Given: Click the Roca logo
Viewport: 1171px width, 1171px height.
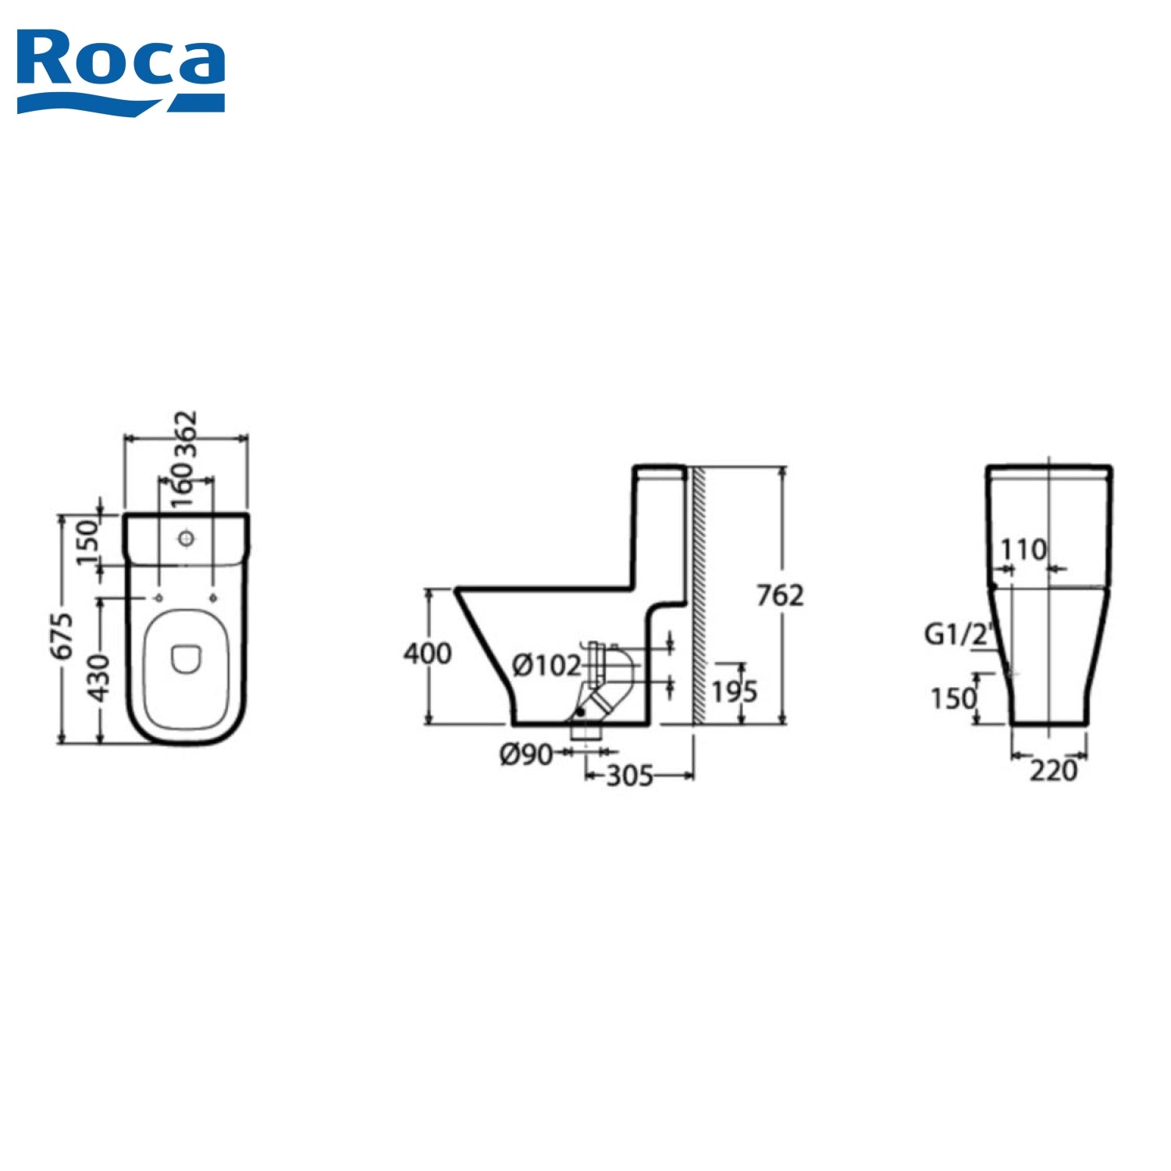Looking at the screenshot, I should click(121, 70).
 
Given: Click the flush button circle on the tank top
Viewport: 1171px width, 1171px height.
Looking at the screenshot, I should click(186, 538).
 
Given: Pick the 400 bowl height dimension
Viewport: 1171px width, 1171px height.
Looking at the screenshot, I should click(427, 653).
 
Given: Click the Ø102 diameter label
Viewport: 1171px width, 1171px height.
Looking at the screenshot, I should click(546, 666).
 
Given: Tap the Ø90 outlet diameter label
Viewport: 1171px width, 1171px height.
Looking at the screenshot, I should click(526, 754).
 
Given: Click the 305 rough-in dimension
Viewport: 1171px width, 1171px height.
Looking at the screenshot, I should click(629, 776).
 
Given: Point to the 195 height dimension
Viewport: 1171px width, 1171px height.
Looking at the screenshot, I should click(734, 691).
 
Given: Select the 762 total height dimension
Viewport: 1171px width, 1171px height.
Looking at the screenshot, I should click(779, 596).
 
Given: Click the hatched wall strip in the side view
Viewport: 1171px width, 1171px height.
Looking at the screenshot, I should click(699, 593).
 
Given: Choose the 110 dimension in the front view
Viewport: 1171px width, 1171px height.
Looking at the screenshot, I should click(1023, 550).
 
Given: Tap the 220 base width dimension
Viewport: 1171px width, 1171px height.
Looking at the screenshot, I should click(1052, 771).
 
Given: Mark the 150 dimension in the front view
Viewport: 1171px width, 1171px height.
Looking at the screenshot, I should click(953, 698).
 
